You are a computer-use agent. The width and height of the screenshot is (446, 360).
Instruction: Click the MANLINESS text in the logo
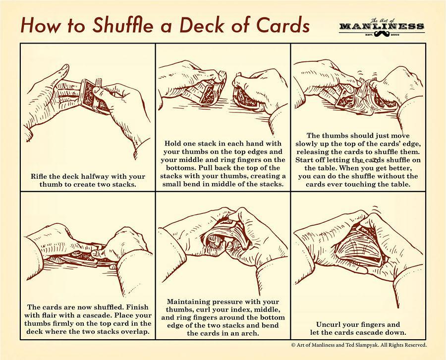(x=382, y=26)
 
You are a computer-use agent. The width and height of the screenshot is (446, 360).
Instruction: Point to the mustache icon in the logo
(x=382, y=35)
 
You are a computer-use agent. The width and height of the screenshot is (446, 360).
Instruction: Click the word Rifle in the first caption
(x=41, y=176)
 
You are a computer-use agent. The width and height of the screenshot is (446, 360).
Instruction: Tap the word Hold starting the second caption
(x=174, y=143)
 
